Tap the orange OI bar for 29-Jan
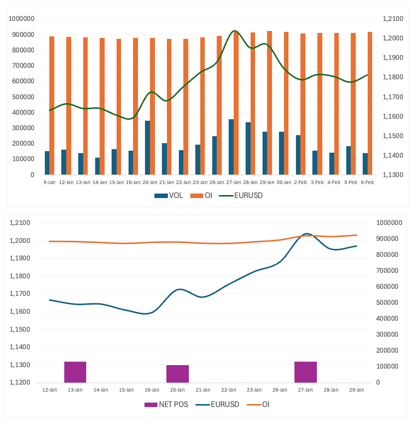(270, 103)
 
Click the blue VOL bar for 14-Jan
(97, 166)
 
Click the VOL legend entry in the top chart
(169, 196)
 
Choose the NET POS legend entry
(166, 404)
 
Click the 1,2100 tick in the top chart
(392, 19)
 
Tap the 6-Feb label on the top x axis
(367, 182)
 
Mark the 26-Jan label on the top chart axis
(217, 182)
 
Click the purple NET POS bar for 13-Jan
(75, 372)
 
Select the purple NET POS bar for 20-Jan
(177, 374)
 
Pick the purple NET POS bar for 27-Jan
(305, 372)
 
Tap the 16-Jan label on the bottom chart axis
(152, 390)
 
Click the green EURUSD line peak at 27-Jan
(235, 31)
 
